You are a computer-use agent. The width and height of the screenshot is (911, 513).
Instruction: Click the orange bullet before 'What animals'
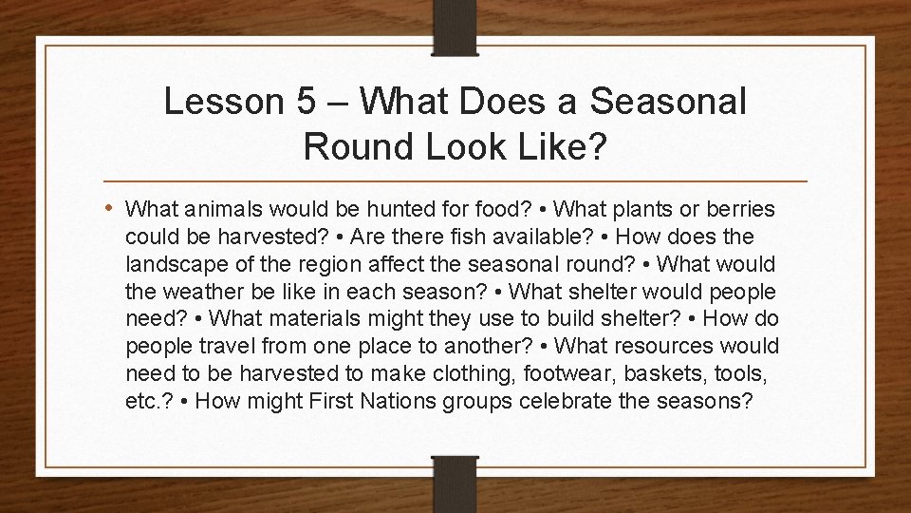[x=113, y=207]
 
